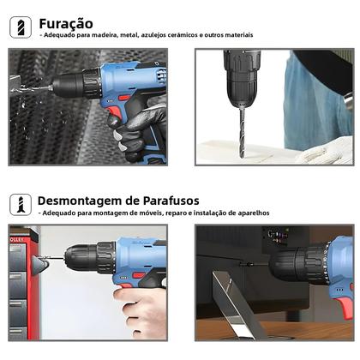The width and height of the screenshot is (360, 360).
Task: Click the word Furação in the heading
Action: click(65, 23)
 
